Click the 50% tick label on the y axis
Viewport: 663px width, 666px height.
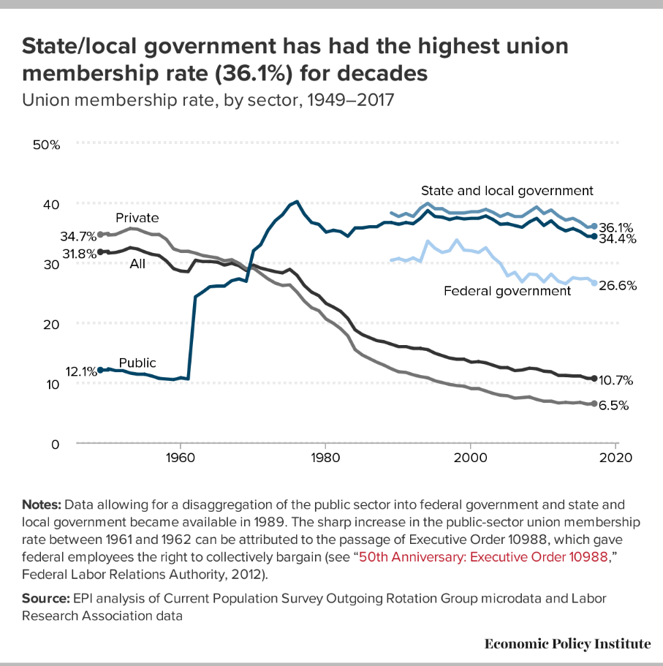tap(47, 145)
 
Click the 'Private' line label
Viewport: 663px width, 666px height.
tap(137, 217)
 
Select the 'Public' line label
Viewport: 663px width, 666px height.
tap(137, 363)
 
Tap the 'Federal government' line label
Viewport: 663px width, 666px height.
tap(507, 291)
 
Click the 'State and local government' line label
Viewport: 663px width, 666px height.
tap(507, 191)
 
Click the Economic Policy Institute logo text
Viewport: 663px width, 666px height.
tap(567, 643)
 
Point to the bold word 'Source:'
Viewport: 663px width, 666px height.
tap(45, 598)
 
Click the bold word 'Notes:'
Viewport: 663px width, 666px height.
tap(42, 504)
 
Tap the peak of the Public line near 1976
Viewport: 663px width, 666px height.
tap(296, 202)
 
